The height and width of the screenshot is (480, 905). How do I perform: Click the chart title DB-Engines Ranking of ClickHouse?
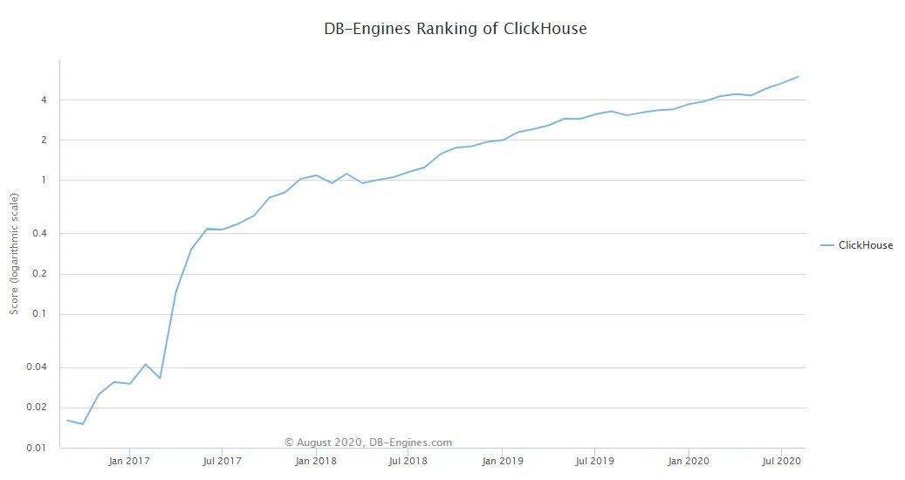(x=455, y=29)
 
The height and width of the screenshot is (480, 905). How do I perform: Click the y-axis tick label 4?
(x=43, y=99)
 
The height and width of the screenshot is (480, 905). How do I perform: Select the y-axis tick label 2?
(x=43, y=141)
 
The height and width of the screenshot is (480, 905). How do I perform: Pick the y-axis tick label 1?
(x=43, y=181)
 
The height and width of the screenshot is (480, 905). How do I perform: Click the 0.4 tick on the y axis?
(x=40, y=234)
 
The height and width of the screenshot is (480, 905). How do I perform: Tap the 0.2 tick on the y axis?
(x=40, y=274)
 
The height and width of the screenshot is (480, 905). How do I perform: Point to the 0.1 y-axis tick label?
(x=40, y=314)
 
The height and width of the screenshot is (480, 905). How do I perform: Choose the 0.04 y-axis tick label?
(x=38, y=367)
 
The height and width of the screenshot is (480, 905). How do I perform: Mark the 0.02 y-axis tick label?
(x=38, y=408)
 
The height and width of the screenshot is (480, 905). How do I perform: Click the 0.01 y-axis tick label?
(x=38, y=448)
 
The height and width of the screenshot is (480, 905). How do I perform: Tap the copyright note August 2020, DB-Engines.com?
(x=368, y=442)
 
